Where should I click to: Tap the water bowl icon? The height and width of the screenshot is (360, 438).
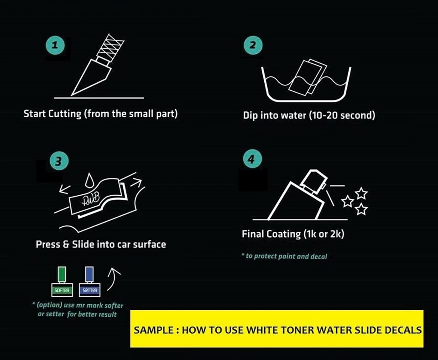[305, 84]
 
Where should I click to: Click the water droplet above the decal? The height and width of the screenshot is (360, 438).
[89, 181]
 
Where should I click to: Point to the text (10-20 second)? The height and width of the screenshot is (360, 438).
[341, 115]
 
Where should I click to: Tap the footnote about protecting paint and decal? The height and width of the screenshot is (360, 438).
[284, 256]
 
